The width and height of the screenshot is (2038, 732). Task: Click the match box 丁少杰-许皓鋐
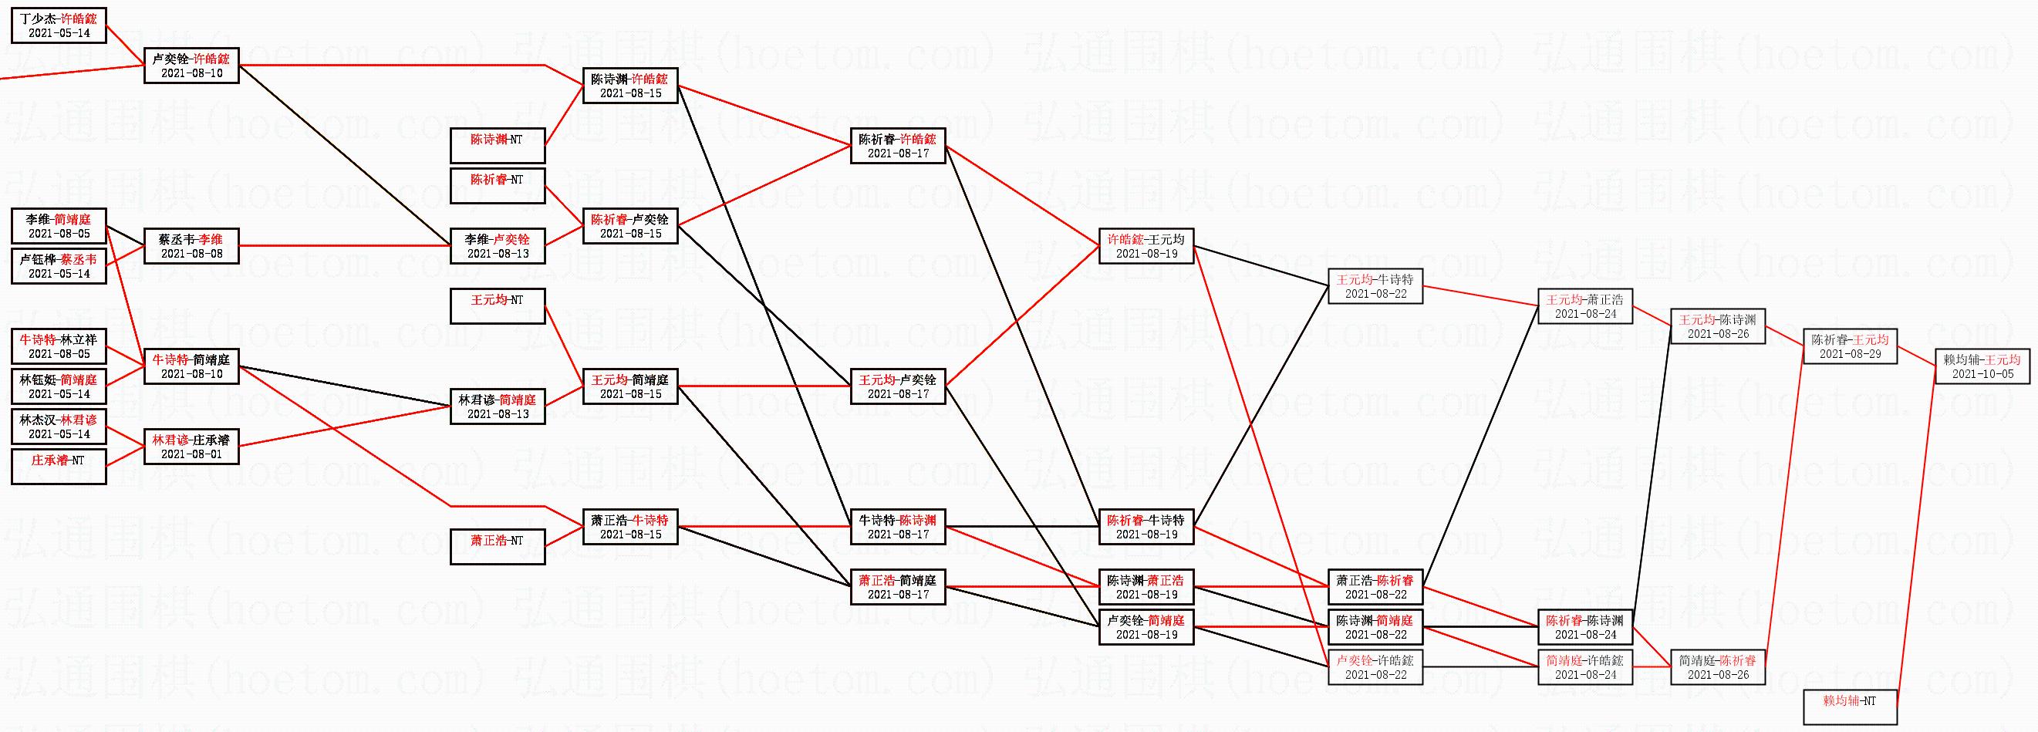point(59,25)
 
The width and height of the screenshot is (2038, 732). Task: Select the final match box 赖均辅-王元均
point(1982,366)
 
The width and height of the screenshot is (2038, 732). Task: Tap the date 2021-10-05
point(1982,374)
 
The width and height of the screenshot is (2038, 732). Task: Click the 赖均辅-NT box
point(1850,707)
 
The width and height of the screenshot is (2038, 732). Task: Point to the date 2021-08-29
point(1850,354)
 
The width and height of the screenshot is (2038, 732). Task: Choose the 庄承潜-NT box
point(59,466)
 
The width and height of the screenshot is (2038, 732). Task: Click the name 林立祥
point(79,339)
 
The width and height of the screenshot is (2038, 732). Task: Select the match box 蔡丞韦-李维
point(191,246)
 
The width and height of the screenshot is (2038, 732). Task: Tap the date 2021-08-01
point(191,454)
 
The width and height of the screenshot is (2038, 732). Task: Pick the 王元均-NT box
point(498,306)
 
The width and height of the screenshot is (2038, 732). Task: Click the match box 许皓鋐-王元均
point(1146,246)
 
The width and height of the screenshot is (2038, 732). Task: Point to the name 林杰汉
point(37,420)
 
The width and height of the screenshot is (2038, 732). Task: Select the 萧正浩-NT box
point(498,547)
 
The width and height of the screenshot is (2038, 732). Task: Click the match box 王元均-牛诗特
point(1375,286)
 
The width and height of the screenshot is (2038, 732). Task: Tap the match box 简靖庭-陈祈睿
point(1718,667)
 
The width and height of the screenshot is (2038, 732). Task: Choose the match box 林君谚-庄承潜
point(191,447)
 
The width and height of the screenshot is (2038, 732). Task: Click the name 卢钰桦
point(37,260)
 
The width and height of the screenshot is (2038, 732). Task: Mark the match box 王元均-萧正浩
point(1584,306)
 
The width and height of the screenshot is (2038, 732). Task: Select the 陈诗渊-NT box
point(498,146)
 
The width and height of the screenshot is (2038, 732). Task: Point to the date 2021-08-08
point(191,254)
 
